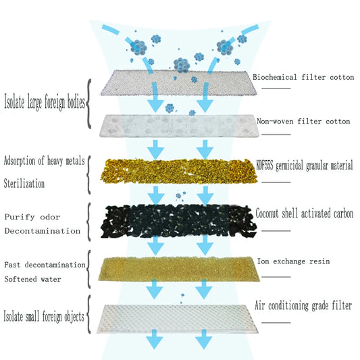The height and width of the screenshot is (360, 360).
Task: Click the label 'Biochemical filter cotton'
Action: click(x=303, y=77)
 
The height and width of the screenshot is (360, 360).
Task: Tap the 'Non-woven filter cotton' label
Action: click(x=303, y=121)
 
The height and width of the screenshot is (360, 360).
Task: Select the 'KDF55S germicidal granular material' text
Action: click(x=305, y=165)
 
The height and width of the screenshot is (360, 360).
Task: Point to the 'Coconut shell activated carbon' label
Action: click(x=305, y=213)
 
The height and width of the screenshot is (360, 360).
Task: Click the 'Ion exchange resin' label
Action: click(x=293, y=261)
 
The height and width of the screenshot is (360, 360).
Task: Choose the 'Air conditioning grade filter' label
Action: click(x=303, y=306)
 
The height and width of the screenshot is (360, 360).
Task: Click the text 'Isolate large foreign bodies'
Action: click(x=45, y=102)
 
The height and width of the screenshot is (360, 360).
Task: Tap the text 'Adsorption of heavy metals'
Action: click(x=45, y=161)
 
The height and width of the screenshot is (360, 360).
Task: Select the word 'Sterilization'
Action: click(x=24, y=184)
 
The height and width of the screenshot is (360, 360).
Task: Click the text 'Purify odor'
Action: click(x=32, y=217)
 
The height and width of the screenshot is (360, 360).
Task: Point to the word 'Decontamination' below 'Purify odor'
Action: click(x=43, y=231)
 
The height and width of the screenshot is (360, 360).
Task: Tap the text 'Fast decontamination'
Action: click(x=45, y=265)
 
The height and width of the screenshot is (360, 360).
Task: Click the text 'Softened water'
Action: click(x=33, y=279)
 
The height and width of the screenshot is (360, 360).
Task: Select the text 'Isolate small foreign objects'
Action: click(x=44, y=317)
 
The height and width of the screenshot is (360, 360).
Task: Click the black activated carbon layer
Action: click(x=178, y=221)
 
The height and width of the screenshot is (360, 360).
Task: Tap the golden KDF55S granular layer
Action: click(x=179, y=172)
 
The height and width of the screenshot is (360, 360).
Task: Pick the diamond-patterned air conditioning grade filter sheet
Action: click(x=177, y=319)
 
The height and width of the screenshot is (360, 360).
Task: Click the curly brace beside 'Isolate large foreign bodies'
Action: click(x=88, y=104)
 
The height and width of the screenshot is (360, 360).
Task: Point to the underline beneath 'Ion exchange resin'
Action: click(x=276, y=277)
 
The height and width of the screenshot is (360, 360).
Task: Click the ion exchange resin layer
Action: click(x=179, y=269)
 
